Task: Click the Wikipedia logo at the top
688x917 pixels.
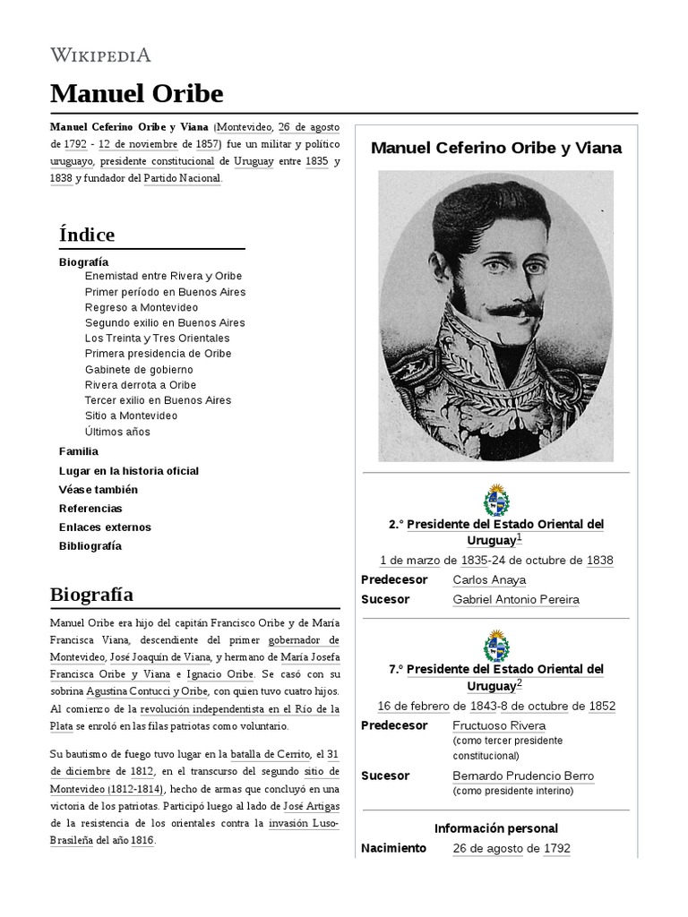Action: (100, 55)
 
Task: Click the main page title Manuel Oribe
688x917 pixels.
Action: (136, 93)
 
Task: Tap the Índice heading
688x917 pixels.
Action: (86, 235)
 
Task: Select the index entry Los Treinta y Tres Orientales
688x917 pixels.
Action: (157, 339)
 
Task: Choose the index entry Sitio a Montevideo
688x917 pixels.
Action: (131, 416)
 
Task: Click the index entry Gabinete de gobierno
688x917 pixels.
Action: (138, 369)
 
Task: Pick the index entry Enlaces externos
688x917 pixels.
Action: (105, 527)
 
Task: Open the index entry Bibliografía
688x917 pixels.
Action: (90, 546)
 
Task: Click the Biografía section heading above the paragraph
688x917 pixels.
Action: (91, 595)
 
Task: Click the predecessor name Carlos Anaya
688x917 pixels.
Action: (489, 580)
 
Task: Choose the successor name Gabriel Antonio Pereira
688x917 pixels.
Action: (516, 600)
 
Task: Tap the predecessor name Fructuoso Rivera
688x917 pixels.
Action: (499, 725)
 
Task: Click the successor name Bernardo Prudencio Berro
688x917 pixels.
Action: (523, 776)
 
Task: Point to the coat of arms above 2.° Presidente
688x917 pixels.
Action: (495, 499)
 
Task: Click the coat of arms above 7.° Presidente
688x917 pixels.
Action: (495, 645)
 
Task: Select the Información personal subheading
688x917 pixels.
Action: (495, 828)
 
